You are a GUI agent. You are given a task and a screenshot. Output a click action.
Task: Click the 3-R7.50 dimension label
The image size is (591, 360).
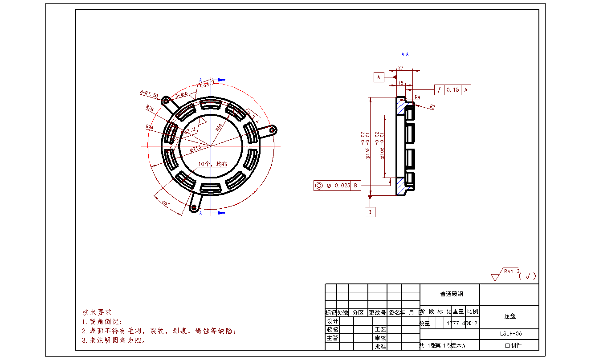coord(149,93)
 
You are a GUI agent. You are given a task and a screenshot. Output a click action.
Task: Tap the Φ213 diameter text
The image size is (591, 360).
coord(196,148)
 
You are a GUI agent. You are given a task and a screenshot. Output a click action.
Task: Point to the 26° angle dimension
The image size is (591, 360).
coord(165,203)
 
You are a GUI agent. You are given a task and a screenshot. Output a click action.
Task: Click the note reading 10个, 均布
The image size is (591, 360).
coord(213,164)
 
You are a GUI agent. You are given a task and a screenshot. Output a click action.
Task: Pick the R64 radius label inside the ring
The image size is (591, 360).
coord(220,126)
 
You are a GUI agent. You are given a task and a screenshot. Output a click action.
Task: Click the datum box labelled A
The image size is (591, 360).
coord(379,77)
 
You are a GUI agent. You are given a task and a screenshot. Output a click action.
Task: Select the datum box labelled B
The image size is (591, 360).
coord(370,212)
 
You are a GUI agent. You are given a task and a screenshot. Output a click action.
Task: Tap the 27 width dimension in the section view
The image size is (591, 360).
coord(401,68)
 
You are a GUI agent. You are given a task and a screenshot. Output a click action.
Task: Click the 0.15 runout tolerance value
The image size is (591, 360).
coord(452,90)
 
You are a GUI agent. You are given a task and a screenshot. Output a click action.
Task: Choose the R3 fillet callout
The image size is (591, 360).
coord(432,107)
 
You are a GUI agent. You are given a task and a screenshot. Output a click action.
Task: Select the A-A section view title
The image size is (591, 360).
coord(405,54)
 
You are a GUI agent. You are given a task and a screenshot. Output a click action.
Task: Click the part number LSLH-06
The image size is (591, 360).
coord(510,334)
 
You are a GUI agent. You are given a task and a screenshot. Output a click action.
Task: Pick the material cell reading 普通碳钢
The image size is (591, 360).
coord(450,294)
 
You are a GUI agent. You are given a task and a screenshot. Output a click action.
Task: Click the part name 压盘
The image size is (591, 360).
coord(510,316)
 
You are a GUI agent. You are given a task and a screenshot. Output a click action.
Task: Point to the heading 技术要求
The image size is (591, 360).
coord(97,312)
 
